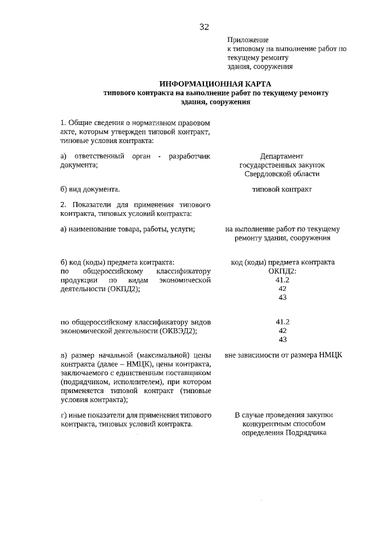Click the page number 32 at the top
[x=204, y=27]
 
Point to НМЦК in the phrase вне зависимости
[x=330, y=355]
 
